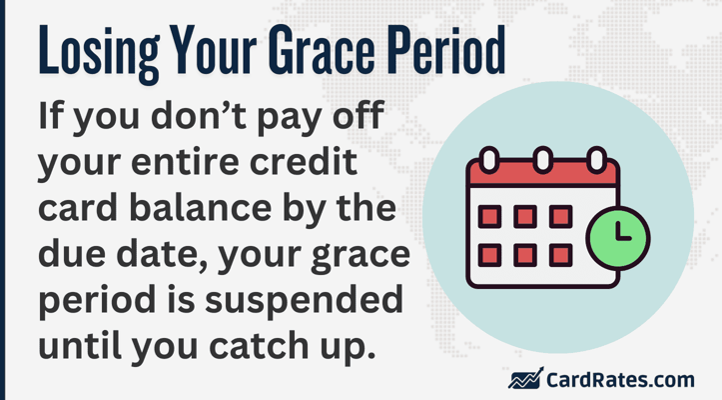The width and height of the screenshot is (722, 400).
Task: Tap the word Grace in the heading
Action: [322, 50]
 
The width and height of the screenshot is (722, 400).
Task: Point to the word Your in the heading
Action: [213, 50]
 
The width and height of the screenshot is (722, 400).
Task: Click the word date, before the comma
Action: [163, 254]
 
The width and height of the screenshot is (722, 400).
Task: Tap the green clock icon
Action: [618, 238]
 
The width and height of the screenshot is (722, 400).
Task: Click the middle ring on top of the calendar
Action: [543, 160]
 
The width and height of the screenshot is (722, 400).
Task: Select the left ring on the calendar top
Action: [489, 160]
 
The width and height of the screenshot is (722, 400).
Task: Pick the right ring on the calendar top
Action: [597, 160]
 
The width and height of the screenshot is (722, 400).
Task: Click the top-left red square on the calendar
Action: [489, 216]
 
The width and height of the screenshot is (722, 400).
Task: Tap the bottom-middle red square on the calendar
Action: [525, 255]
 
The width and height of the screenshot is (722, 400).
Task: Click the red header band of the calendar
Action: [543, 173]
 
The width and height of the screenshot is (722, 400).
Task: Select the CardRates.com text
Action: [620, 380]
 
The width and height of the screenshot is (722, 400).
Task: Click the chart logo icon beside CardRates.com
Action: [526, 378]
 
